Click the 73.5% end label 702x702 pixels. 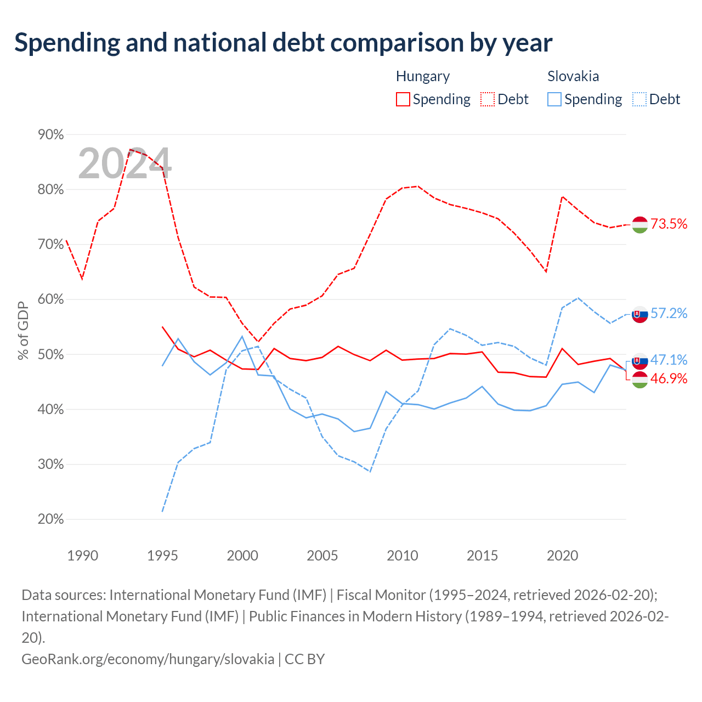669,224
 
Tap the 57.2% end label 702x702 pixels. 669,313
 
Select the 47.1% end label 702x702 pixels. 669,360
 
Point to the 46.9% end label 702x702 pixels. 669,378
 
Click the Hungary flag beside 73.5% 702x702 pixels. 639,224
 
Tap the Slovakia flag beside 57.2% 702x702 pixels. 639,314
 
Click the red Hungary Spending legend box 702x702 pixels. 403,99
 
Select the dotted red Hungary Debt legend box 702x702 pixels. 488,99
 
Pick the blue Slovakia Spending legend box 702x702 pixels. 554,99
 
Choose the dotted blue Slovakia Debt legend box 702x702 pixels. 639,99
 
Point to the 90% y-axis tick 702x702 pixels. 50,134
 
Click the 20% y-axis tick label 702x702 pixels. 50,519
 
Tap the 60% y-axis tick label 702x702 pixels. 50,299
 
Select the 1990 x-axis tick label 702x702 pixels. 83,556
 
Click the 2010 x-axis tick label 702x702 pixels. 402,556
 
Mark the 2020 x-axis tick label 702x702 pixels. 562,556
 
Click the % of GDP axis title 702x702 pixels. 23,330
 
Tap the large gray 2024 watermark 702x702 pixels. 124,163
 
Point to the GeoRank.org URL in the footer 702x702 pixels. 148,659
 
